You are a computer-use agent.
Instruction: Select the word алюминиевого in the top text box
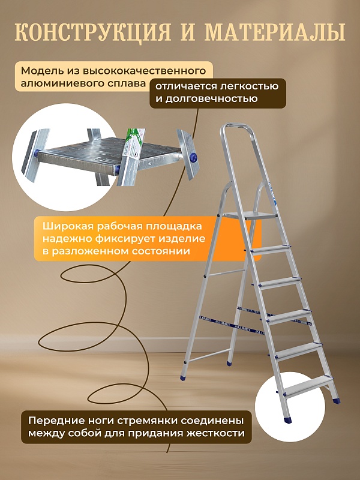[64, 83]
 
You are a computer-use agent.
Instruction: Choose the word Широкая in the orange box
[64, 227]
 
